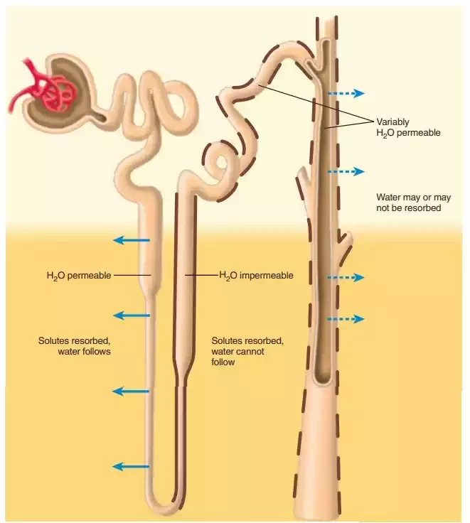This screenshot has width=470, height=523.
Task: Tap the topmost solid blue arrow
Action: click(132, 241)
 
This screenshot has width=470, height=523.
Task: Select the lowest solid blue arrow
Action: click(132, 467)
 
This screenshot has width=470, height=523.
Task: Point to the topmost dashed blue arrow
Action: click(346, 93)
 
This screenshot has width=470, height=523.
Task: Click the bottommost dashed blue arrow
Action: click(346, 319)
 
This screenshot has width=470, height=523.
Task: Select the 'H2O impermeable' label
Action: click(255, 276)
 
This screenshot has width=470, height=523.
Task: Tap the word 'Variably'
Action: click(392, 122)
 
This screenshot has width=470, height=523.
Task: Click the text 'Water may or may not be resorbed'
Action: click(409, 202)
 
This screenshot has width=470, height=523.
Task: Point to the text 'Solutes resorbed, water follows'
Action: click(75, 345)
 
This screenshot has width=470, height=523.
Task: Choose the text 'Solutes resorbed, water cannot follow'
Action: click(247, 351)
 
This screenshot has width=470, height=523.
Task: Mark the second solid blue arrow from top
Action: click(132, 316)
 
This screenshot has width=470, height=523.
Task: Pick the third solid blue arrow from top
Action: click(132, 392)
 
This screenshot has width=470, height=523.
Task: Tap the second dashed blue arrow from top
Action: click(346, 172)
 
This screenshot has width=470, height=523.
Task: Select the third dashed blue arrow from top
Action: click(346, 276)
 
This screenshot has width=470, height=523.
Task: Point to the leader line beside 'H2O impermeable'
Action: click(201, 275)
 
